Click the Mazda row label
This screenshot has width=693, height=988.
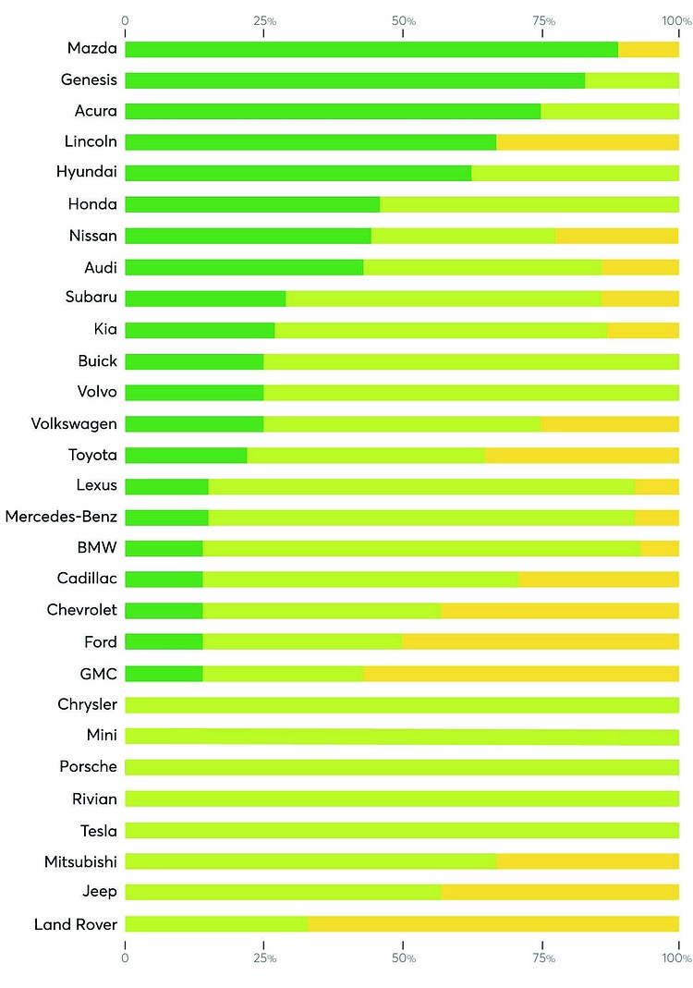[91, 48]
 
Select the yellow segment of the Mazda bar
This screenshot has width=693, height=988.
[648, 49]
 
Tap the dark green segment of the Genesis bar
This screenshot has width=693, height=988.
[354, 80]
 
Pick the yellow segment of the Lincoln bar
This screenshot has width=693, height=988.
[587, 142]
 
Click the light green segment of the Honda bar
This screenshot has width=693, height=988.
[529, 204]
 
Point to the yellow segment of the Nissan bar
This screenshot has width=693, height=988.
[616, 236]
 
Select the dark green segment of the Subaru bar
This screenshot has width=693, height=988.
[205, 299]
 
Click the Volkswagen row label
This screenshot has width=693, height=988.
[74, 423]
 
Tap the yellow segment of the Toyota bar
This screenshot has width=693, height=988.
[581, 455]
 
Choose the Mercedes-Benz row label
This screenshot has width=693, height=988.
[61, 517]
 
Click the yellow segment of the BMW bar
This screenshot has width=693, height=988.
[659, 548]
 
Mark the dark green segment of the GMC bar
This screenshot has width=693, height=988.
[164, 673]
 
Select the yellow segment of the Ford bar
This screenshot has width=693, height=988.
[541, 641]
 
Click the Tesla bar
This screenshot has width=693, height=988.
[402, 830]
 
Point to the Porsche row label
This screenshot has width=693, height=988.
[88, 767]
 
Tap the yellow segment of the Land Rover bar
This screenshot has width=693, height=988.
[492, 923]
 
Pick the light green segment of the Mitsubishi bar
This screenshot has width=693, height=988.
[310, 861]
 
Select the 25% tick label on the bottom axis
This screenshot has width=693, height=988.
[265, 958]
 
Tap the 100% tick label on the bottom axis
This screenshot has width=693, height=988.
[676, 958]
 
